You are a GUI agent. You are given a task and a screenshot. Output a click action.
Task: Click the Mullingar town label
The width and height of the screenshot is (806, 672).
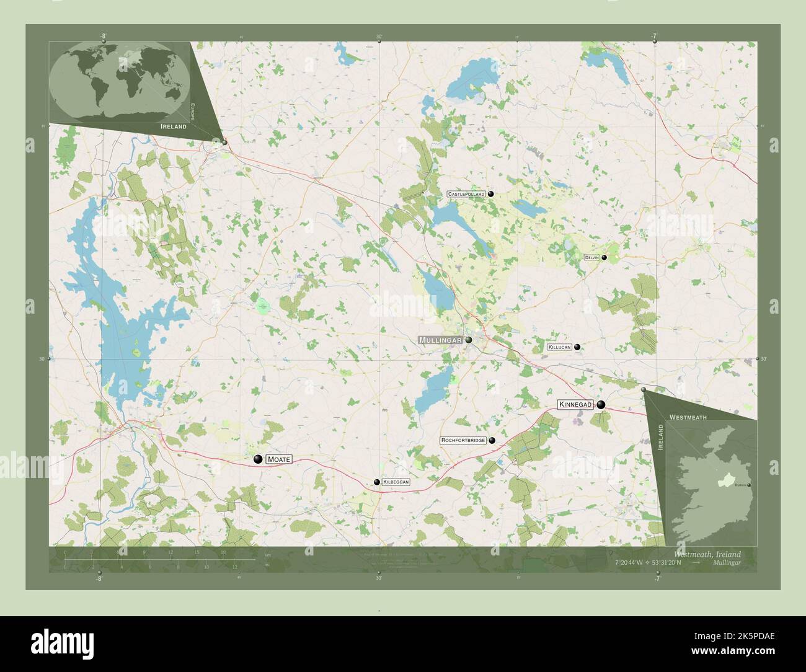(440, 340)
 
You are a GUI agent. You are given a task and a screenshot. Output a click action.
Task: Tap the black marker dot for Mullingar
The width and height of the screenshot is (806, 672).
(469, 340)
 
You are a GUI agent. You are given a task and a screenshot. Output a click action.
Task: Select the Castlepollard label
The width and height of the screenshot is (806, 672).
(466, 194)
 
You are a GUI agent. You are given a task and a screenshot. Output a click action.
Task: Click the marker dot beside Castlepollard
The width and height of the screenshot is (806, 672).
(490, 194)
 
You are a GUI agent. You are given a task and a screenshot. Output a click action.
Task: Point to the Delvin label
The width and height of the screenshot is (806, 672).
(591, 257)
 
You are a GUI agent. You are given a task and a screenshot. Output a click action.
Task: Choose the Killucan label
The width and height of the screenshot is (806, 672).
(559, 348)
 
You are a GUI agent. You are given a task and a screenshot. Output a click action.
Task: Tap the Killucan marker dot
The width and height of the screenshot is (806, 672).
(577, 347)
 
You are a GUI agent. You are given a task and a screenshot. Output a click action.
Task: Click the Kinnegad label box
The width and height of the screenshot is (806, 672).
(575, 405)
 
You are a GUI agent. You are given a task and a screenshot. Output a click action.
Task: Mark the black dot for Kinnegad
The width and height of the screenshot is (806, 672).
(600, 405)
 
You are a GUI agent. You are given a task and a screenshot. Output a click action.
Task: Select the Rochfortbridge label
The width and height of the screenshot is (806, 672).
(463, 440)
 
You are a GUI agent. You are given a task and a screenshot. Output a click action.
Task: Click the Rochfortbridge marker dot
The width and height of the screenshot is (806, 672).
(492, 440)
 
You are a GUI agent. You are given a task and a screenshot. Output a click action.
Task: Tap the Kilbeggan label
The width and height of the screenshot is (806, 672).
(396, 482)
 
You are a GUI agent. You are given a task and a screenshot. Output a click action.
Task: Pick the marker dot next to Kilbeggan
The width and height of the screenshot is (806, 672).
(376, 482)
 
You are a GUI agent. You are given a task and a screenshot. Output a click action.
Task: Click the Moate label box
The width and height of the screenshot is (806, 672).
(278, 459)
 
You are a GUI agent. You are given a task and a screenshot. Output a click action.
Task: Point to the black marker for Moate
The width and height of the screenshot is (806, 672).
(258, 459)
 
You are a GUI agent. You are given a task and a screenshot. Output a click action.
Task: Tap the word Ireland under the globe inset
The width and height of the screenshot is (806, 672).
(174, 126)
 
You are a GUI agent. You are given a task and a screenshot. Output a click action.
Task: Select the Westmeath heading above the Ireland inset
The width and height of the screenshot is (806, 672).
(688, 418)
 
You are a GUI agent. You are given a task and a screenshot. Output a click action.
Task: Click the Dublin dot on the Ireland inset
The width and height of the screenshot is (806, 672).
(749, 485)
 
